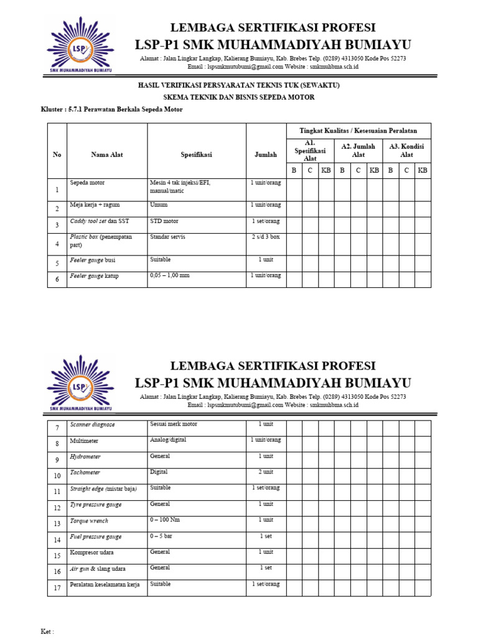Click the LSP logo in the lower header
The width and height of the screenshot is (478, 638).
pos(80,383)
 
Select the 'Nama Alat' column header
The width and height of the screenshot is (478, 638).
pos(106,155)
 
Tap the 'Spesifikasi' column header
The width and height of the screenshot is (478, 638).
pos(196,155)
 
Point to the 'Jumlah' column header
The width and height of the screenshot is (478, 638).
pos(266,155)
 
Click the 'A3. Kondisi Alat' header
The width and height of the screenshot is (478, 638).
pos(406,150)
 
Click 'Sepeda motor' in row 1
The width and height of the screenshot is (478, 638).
pos(88,183)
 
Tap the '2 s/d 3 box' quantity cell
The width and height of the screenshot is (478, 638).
pos(266,237)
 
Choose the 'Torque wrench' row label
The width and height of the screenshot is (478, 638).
pos(89,521)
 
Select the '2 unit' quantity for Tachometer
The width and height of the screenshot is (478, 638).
pos(266,472)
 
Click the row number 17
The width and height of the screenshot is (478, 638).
pos(57,587)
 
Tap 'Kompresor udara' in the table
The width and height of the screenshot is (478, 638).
pos(92,553)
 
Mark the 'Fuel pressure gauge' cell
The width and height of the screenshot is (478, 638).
pos(96,536)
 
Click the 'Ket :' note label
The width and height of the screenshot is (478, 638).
pos(47,632)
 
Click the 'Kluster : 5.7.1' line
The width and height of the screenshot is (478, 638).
pos(111,110)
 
